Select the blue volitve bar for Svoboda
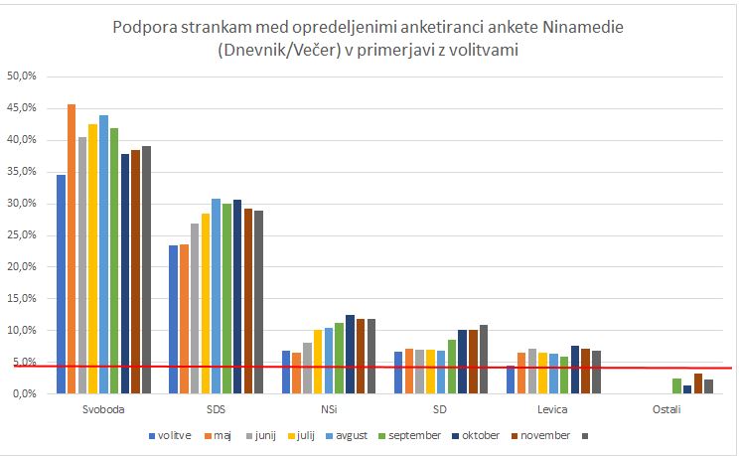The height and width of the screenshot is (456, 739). pyautogui.click(x=61, y=283)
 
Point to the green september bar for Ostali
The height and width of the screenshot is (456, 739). pyautogui.click(x=676, y=385)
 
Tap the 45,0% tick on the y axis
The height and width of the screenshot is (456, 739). pyautogui.click(x=22, y=107)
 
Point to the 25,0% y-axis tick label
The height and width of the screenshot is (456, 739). pyautogui.click(x=22, y=234)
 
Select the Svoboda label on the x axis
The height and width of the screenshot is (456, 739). pyautogui.click(x=103, y=409)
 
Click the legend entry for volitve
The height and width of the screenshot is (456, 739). pyautogui.click(x=171, y=434)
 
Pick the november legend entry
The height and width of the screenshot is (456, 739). pyautogui.click(x=545, y=434)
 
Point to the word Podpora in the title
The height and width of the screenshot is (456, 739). pyautogui.click(x=147, y=25)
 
